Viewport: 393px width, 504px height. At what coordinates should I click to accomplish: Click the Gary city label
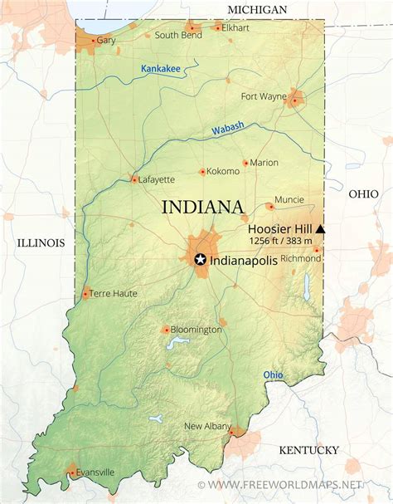105,40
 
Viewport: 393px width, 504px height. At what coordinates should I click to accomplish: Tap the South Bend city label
177,35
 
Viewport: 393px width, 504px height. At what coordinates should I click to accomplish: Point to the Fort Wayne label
263,96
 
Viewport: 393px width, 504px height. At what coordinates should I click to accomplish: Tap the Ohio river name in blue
273,375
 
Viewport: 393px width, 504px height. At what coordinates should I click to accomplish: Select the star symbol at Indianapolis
200,260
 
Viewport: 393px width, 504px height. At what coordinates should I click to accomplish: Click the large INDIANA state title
202,207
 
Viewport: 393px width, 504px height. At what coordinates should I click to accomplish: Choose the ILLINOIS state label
40,242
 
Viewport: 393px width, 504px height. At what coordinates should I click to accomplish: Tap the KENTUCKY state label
308,450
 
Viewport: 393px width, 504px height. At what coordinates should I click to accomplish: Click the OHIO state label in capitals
363,193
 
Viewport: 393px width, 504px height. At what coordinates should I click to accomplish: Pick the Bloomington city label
196,330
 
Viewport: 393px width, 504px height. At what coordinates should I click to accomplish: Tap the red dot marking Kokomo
201,172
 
